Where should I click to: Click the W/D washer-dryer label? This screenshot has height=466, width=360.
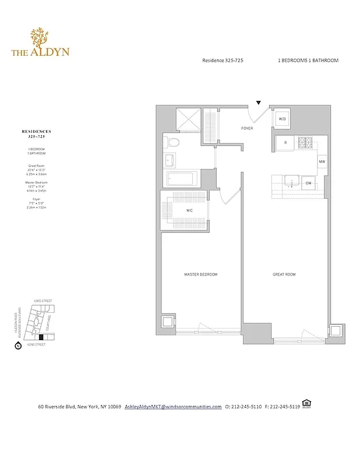click(x=283, y=119)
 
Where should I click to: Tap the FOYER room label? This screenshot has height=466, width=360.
click(x=247, y=128)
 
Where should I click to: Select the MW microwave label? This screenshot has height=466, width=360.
click(x=321, y=161)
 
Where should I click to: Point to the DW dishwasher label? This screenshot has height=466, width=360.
click(x=308, y=183)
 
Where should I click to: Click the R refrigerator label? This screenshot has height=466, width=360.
click(x=285, y=143)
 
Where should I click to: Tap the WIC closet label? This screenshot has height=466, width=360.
click(x=190, y=210)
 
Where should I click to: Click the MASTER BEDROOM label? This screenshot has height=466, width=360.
click(x=200, y=274)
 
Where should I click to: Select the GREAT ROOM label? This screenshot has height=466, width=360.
click(x=284, y=274)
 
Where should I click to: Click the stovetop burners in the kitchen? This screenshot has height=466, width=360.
click(x=305, y=142)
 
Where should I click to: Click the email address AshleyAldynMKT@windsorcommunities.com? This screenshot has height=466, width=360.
click(x=173, y=407)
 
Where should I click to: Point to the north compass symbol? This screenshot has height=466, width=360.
click(x=18, y=346)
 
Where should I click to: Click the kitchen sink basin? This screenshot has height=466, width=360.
click(x=288, y=183)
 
